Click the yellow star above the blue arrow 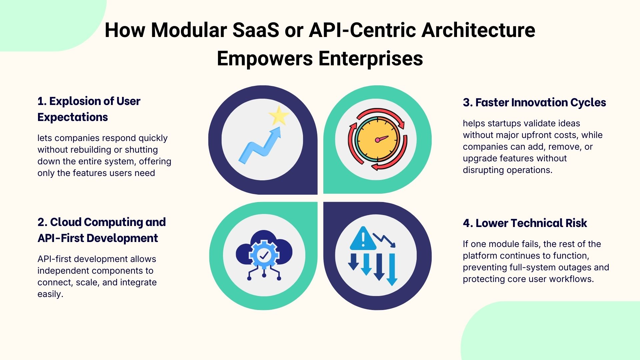click(x=279, y=115)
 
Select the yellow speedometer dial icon click(x=377, y=139)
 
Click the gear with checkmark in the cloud click(x=264, y=255)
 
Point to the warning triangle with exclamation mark click(x=363, y=239)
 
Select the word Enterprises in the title click(x=371, y=59)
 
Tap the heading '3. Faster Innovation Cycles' click(x=534, y=102)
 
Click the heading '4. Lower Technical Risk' click(x=525, y=223)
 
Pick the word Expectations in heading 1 click(x=73, y=117)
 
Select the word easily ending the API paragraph click(x=50, y=294)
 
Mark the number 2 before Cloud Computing click(x=41, y=222)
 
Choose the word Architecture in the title click(x=478, y=30)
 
